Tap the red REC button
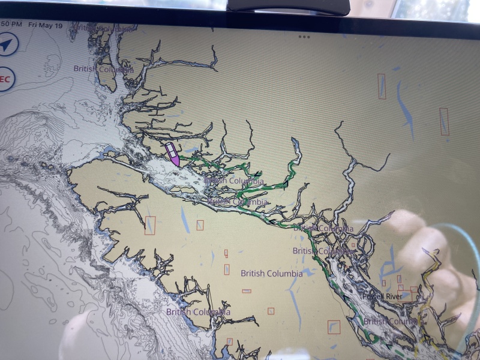click(5, 79)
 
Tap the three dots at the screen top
click(304, 37)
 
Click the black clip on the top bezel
click(289, 6)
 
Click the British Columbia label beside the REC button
click(103, 69)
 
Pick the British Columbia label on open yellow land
click(271, 274)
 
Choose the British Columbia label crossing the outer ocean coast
click(197, 312)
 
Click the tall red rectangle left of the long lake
click(382, 86)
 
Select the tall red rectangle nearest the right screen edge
click(444, 121)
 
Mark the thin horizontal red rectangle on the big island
click(247, 291)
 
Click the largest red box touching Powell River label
click(414, 289)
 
